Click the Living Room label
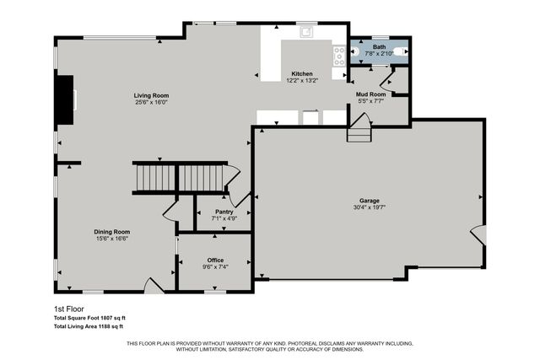tap(151, 95)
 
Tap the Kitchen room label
tap(303, 73)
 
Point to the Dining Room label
tap(111, 232)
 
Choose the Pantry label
tap(224, 212)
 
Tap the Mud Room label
tap(370, 94)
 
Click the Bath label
tap(379, 47)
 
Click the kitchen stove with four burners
tap(339, 56)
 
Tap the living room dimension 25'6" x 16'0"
tap(151, 102)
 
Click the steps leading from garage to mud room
tap(359, 131)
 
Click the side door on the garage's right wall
tap(478, 234)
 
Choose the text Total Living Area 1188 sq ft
tap(89, 325)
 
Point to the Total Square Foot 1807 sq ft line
tap(89, 318)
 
